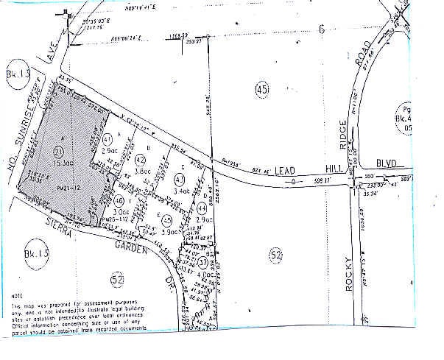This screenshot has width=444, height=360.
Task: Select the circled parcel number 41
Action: (108, 138)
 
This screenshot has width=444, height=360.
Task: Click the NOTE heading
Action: (17, 295)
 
